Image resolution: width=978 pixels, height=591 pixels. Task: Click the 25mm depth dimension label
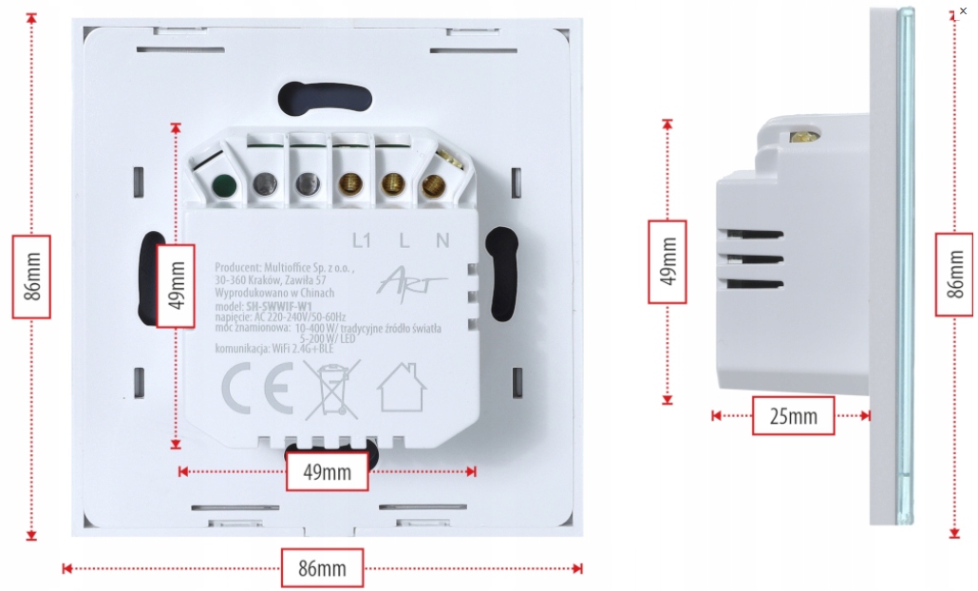click(x=793, y=415)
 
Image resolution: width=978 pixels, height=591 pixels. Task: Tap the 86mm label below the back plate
click(x=322, y=568)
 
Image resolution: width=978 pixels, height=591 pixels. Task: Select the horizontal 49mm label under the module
click(x=327, y=471)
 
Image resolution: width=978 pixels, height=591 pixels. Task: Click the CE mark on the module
click(x=255, y=390)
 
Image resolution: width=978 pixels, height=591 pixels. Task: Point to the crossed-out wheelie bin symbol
click(x=331, y=390)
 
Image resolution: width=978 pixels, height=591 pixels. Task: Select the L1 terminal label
click(x=360, y=240)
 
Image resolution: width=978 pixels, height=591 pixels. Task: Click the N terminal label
click(x=442, y=240)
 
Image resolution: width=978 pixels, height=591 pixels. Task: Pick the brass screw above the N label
click(x=435, y=184)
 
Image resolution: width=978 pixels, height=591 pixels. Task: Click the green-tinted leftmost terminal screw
click(x=223, y=186)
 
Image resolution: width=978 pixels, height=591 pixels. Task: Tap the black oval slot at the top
click(x=324, y=97)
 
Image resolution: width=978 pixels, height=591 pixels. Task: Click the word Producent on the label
click(x=237, y=269)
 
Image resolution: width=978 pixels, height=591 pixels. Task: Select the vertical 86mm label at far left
click(x=30, y=276)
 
